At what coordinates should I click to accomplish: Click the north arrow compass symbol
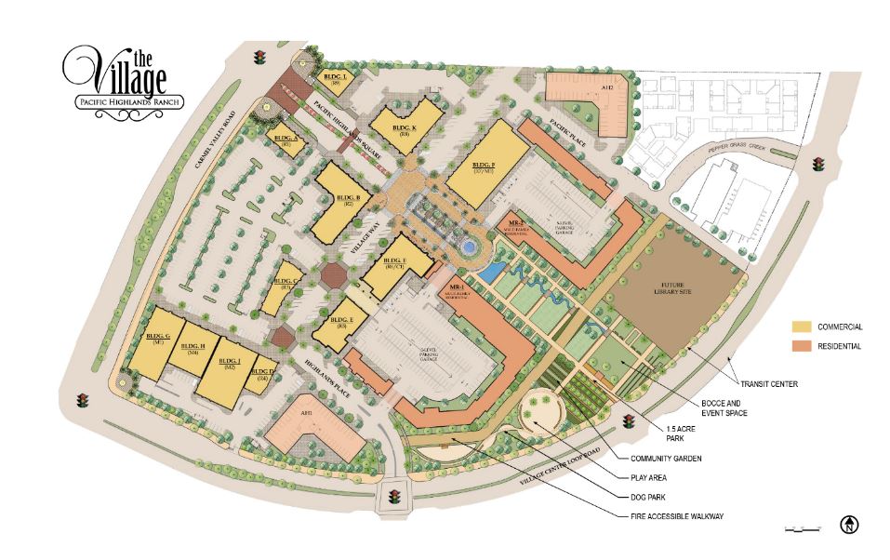(x=849, y=526)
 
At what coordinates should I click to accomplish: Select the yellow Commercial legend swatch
(x=802, y=327)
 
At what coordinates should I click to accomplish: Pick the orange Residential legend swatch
(x=802, y=346)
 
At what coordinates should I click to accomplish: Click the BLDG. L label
(x=332, y=77)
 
